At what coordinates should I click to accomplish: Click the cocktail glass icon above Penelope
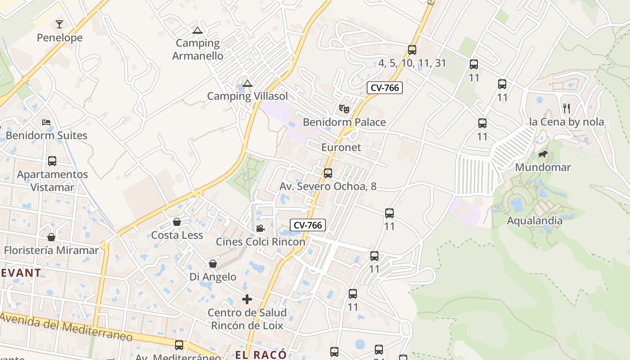point(59,24)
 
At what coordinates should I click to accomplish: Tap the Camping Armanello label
point(198,49)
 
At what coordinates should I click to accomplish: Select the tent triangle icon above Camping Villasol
point(247,83)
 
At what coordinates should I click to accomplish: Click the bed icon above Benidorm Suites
point(46,122)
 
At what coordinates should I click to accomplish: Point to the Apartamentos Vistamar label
point(52,180)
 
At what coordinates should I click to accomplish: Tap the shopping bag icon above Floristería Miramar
point(51,237)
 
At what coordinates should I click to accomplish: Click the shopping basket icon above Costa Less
point(177,222)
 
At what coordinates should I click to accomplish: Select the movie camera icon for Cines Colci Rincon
point(260,228)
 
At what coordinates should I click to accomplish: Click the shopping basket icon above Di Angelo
point(212,264)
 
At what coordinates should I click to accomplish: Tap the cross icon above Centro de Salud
point(247,299)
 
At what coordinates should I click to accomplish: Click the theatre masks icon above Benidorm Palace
point(344,108)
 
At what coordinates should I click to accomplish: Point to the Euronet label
point(341,147)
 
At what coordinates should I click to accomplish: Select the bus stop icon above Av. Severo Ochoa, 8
point(328,173)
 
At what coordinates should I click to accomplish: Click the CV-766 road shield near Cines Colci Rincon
point(308,225)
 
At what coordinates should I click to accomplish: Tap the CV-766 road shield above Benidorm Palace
point(384,88)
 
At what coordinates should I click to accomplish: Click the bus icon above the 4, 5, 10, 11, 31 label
point(412,49)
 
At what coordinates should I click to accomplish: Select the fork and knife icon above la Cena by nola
point(567,108)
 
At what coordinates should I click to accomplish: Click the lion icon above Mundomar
point(543,154)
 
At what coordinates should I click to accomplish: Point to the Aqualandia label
point(535,220)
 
